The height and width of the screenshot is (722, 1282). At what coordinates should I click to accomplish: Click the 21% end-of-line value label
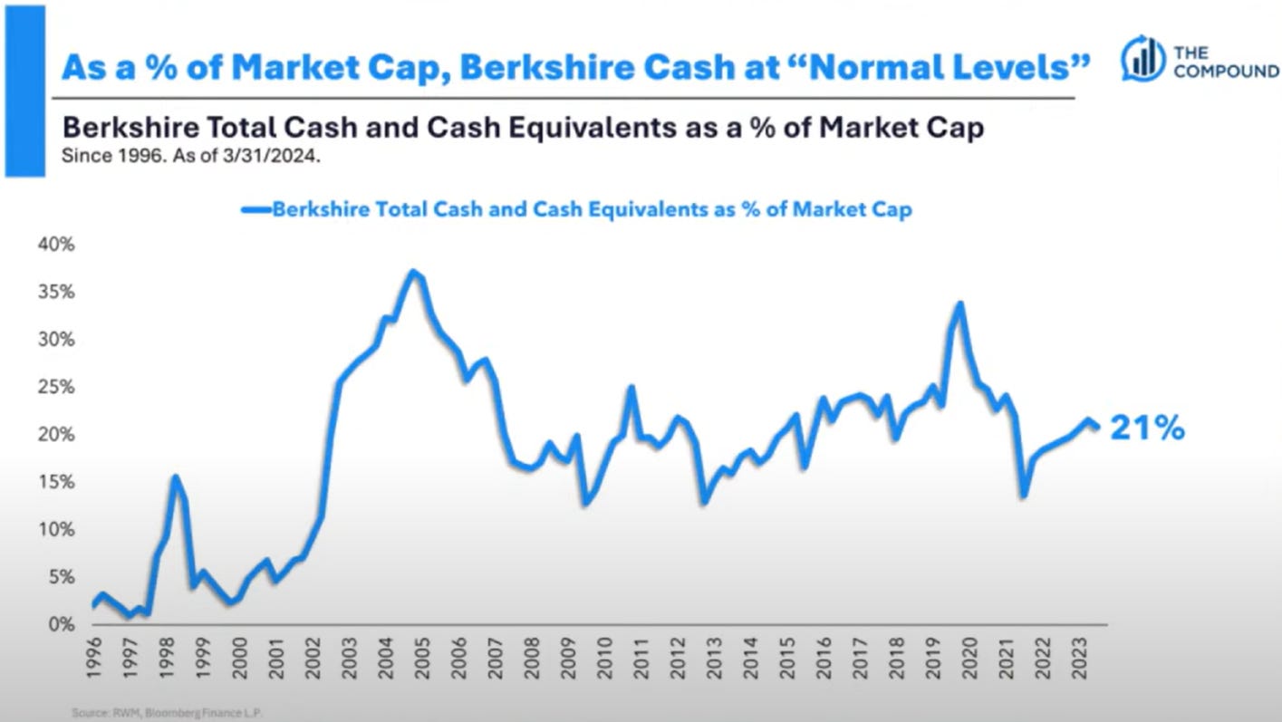(x=1148, y=428)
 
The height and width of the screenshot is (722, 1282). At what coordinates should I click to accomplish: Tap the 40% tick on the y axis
(x=55, y=245)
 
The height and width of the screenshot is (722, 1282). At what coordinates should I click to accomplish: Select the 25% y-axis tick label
(x=55, y=387)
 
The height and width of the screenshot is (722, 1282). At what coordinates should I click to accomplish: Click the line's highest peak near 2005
(x=413, y=272)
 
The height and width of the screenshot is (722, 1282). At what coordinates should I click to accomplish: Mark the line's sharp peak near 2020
(x=959, y=304)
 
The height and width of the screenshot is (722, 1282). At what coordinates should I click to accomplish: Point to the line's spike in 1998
(x=175, y=477)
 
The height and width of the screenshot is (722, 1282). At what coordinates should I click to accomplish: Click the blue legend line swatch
(x=256, y=210)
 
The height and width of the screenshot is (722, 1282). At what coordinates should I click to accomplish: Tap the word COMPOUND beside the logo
(x=1226, y=71)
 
